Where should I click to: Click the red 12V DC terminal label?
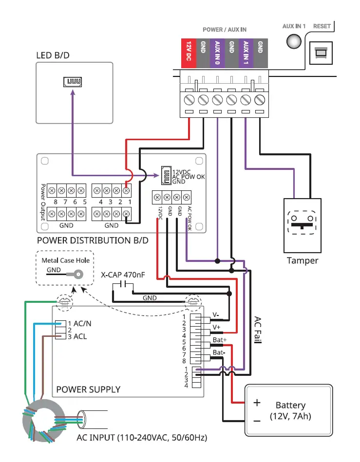coord(189,54)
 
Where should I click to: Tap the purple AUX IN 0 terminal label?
coord(217,54)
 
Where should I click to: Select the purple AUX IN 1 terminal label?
coord(246,54)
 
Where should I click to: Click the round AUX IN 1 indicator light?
coord(294,41)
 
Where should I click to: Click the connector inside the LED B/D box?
coord(73,82)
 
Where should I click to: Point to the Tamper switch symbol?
coord(302,223)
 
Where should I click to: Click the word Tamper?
coord(303,260)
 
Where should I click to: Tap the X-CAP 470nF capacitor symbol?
coord(123,284)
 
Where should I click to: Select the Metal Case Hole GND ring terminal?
coord(77,275)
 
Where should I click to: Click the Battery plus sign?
coord(257,403)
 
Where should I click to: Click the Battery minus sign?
coord(257,421)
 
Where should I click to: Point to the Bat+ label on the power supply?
coord(220,340)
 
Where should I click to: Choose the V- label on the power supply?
coord(216,314)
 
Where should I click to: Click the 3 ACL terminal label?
coord(77,336)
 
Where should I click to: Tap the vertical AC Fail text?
coord(258,330)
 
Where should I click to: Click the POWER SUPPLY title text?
coord(88,389)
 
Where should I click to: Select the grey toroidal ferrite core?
coord(44,421)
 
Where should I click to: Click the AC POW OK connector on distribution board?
coord(166,176)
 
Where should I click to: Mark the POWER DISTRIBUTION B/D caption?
coord(93,240)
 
